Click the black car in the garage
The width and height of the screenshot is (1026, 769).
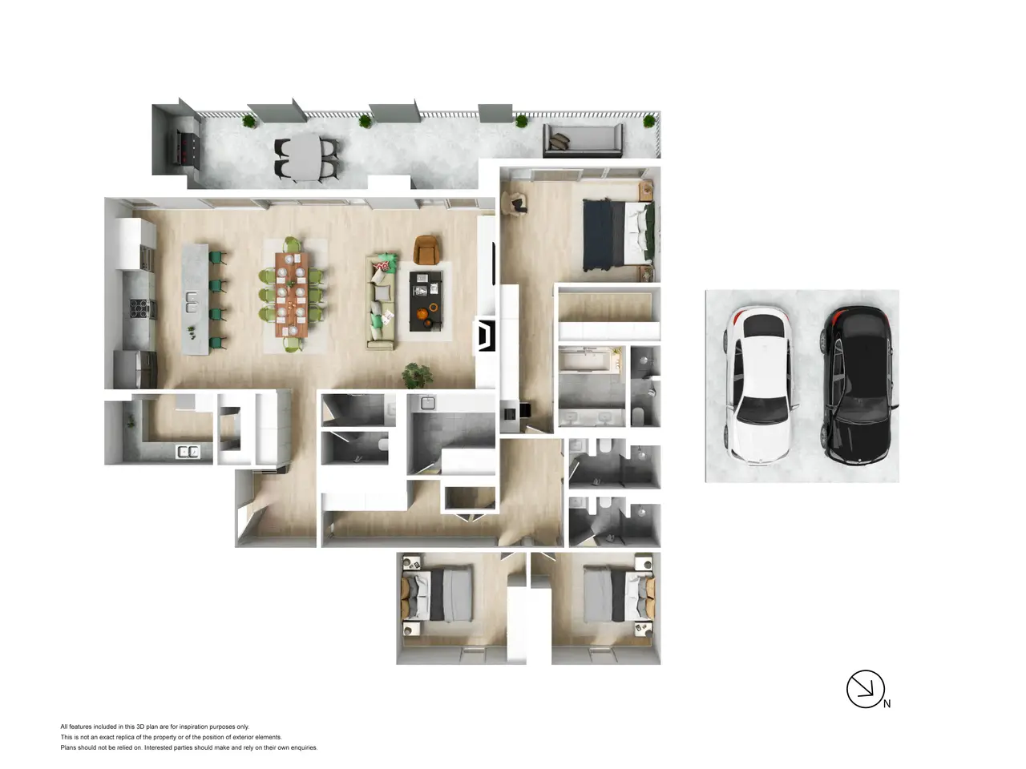(858, 384)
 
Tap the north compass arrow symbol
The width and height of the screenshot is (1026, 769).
(865, 689)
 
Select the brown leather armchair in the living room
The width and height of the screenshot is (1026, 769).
(426, 249)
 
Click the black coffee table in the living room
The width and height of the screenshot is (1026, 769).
(426, 302)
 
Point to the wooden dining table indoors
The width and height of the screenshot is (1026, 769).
(292, 295)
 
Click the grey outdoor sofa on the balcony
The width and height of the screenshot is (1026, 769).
(583, 140)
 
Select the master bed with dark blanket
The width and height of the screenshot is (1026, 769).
(617, 235)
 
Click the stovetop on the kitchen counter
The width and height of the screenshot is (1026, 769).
(139, 308)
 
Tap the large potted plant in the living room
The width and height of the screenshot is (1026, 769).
(417, 376)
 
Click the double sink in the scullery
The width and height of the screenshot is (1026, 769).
(188, 452)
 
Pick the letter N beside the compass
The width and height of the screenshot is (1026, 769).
(887, 703)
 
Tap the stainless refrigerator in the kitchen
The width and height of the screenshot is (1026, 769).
(135, 368)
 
